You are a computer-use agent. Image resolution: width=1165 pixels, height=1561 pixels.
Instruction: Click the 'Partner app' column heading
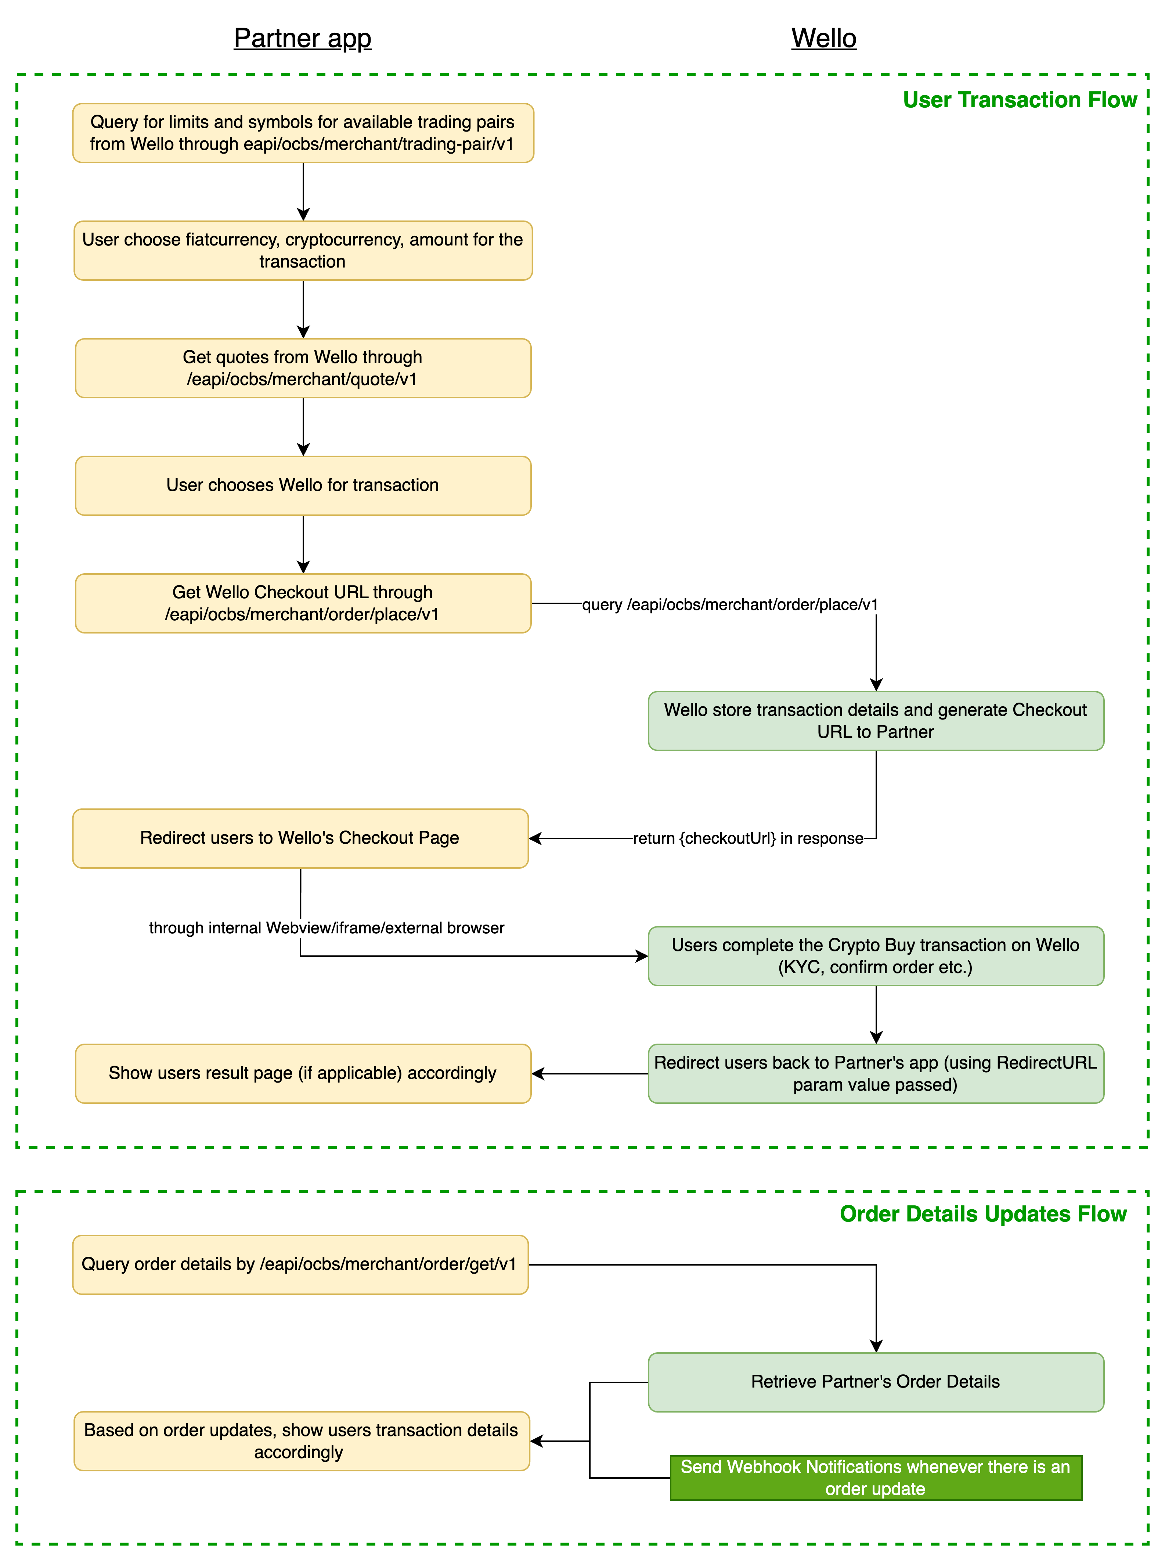303,38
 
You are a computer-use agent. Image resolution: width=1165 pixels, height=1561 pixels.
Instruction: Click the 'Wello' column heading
824,38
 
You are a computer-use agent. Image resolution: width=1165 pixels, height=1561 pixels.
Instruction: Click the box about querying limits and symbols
303,133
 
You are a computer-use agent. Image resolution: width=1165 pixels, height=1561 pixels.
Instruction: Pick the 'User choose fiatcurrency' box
303,250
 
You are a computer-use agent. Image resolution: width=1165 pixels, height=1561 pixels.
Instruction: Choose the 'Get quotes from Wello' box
303,368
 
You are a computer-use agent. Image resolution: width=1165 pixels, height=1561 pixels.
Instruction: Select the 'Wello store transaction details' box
876,721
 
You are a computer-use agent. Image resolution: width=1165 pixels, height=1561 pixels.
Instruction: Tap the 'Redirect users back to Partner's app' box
876,1074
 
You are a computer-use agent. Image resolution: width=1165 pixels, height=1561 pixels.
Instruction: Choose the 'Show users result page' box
303,1074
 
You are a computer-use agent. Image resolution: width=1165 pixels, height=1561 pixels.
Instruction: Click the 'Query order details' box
300,1265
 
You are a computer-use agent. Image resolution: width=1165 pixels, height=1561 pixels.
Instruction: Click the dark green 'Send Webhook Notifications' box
876,1478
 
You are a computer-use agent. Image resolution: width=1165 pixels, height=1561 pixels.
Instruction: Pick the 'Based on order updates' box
302,1441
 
